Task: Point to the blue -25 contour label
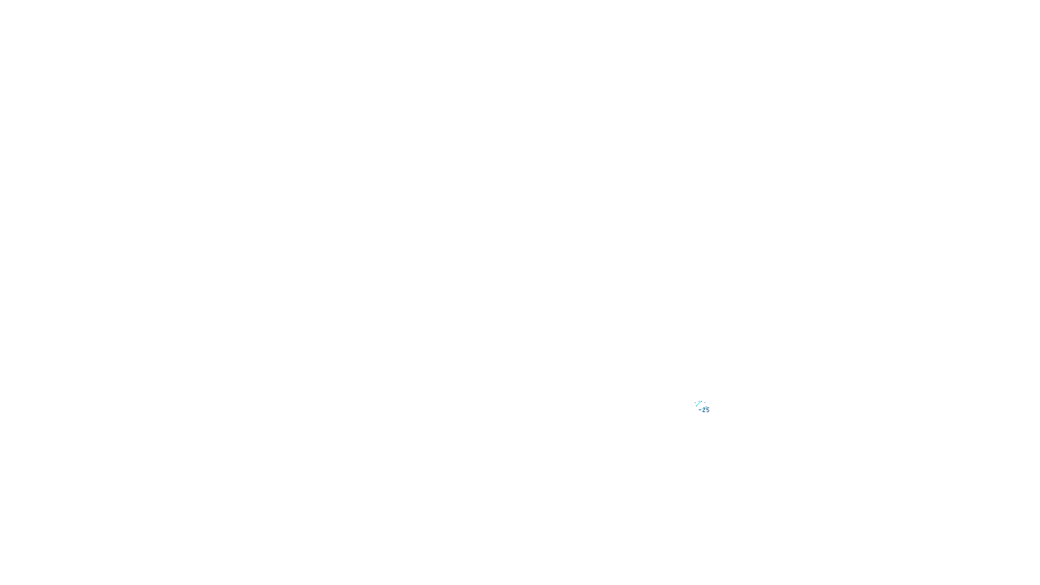(x=704, y=409)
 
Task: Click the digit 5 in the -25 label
(x=707, y=409)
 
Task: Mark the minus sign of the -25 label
(x=699, y=409)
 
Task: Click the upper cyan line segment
(x=699, y=404)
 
